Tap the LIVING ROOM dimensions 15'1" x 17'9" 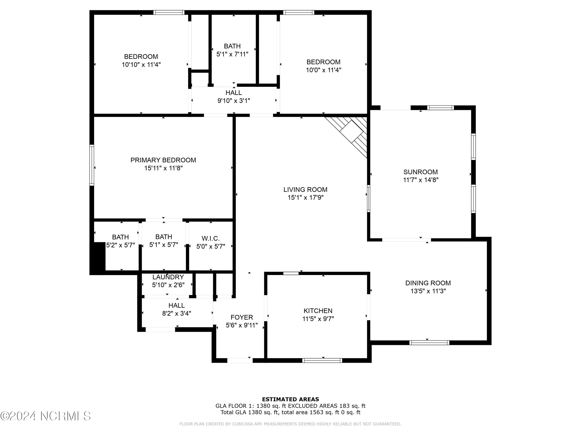(305, 197)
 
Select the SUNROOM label (420, 172)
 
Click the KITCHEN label (318, 311)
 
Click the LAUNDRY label (168, 277)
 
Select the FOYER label (242, 317)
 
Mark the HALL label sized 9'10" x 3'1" (234, 93)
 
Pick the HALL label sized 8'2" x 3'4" (176, 305)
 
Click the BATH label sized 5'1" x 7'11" (232, 46)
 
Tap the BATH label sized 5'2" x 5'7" (120, 237)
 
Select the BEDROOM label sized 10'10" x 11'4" (141, 57)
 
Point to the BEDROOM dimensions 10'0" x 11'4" (323, 70)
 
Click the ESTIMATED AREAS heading (290, 399)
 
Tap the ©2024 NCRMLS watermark (46, 416)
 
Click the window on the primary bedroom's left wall (92, 165)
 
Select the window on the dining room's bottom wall (429, 343)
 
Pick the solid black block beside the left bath (98, 258)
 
